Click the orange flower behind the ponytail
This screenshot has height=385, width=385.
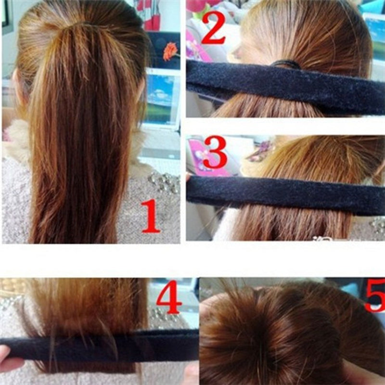click(x=170, y=51)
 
